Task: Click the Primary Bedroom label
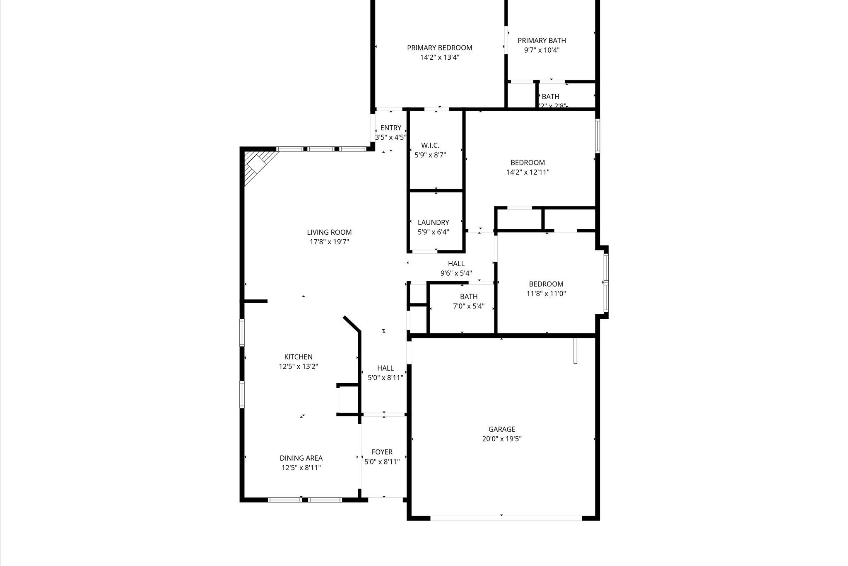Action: pos(439,48)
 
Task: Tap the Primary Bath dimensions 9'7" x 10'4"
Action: pos(542,50)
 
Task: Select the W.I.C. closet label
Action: pos(430,146)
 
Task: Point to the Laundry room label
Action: pos(433,223)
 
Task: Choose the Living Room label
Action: pos(329,233)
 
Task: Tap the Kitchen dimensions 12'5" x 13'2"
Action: pos(298,367)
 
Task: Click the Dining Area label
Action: pos(301,458)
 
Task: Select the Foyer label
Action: pos(382,452)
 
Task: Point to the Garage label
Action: pos(501,429)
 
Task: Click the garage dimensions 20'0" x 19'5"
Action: pos(501,439)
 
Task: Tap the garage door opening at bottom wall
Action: pos(506,518)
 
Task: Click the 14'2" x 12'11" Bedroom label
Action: pos(527,163)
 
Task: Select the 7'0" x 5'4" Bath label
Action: pos(468,296)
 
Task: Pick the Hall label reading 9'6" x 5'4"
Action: pos(456,264)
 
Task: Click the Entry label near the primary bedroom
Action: pos(390,128)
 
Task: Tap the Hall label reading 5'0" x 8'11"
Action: pos(385,368)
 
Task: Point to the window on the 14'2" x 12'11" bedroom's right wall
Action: pos(597,136)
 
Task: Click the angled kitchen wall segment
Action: pos(352,324)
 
